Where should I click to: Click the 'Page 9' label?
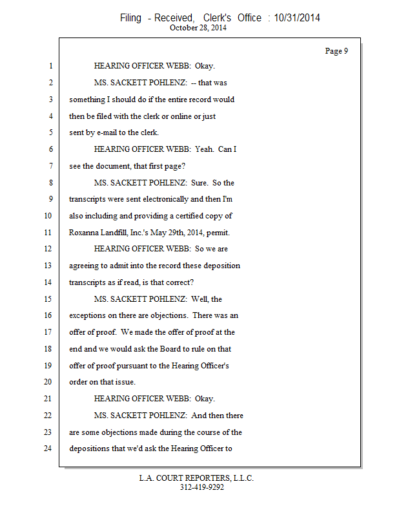336,51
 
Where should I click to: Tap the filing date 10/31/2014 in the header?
297,18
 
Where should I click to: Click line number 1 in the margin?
50,66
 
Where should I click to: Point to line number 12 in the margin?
48,249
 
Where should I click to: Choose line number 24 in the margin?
48,448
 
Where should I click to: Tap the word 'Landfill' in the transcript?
123,232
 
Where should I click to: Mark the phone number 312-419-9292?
201,487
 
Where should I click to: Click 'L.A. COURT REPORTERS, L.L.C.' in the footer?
196,478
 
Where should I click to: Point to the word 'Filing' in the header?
130,18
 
